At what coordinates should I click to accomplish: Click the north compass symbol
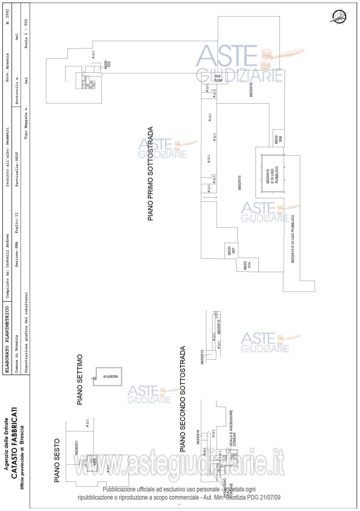pos(339,16)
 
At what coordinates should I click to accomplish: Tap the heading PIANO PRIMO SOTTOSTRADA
pos(150,174)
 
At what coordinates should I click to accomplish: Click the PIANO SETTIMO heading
pos(80,379)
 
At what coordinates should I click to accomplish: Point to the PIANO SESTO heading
pos(57,461)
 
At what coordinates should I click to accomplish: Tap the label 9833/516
pos(198,437)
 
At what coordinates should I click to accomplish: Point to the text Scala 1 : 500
pos(26,34)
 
